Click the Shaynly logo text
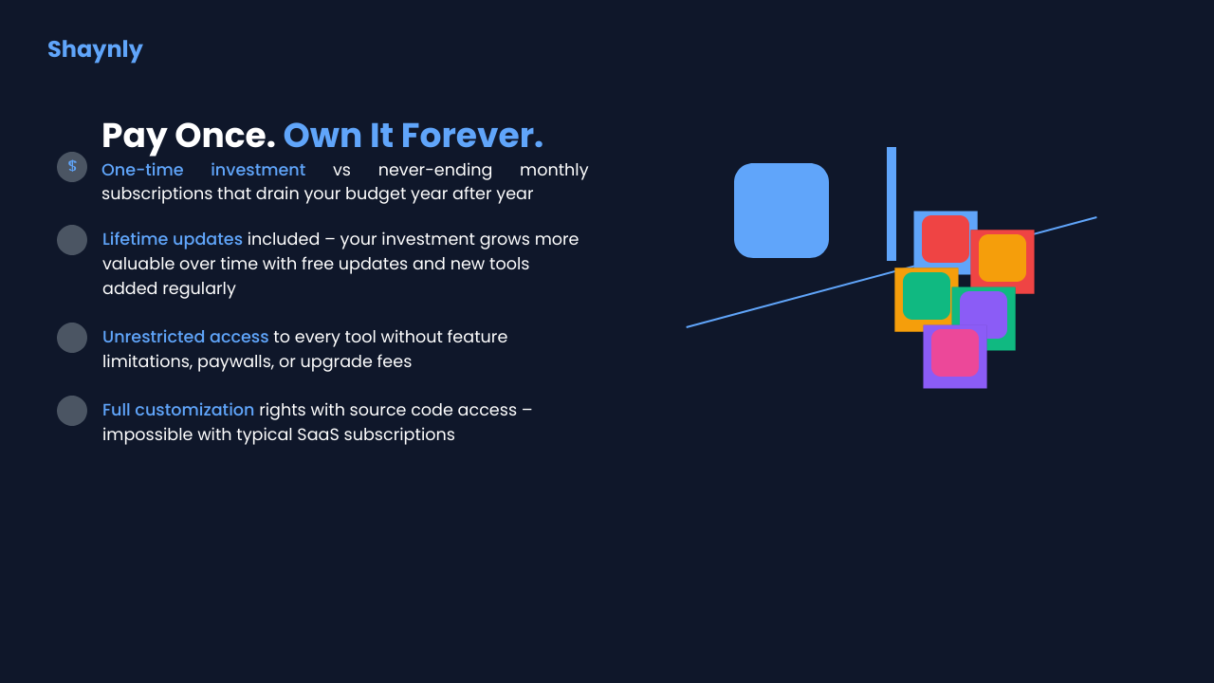pyautogui.click(x=95, y=50)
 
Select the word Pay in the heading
pyautogui.click(x=135, y=137)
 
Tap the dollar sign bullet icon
pyautogui.click(x=72, y=166)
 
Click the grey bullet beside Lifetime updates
pyautogui.click(x=72, y=240)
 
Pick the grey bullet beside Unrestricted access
pyautogui.click(x=72, y=338)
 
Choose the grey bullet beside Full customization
pyautogui.click(x=72, y=411)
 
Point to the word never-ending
pyautogui.click(x=435, y=170)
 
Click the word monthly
pyautogui.click(x=554, y=171)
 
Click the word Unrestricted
pyautogui.click(x=154, y=337)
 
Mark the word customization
pyautogui.click(x=194, y=410)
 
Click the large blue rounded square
pyautogui.click(x=782, y=211)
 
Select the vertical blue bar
pyautogui.click(x=892, y=204)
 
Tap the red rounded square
pyautogui.click(x=946, y=239)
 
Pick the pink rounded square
pyautogui.click(x=955, y=353)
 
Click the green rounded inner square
pyautogui.click(x=927, y=296)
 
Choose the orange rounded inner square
pyautogui.click(x=1002, y=258)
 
